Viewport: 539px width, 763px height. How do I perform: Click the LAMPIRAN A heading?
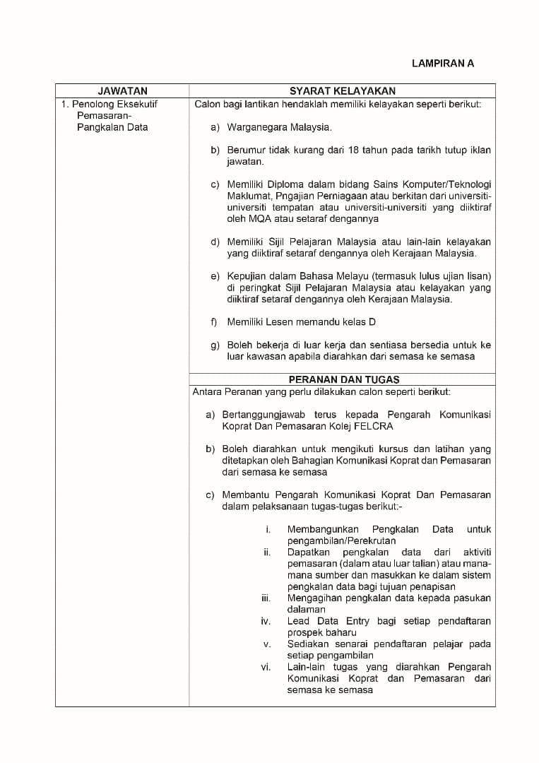(x=443, y=63)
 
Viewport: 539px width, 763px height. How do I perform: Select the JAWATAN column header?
(x=122, y=90)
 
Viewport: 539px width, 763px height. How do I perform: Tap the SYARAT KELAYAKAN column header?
(x=343, y=90)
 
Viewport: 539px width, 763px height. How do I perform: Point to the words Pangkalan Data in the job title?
(x=112, y=127)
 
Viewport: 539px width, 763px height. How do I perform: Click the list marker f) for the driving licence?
(x=214, y=322)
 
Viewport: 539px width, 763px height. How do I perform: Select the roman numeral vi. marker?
(x=266, y=667)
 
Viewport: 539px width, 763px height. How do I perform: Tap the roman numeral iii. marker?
(x=266, y=598)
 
